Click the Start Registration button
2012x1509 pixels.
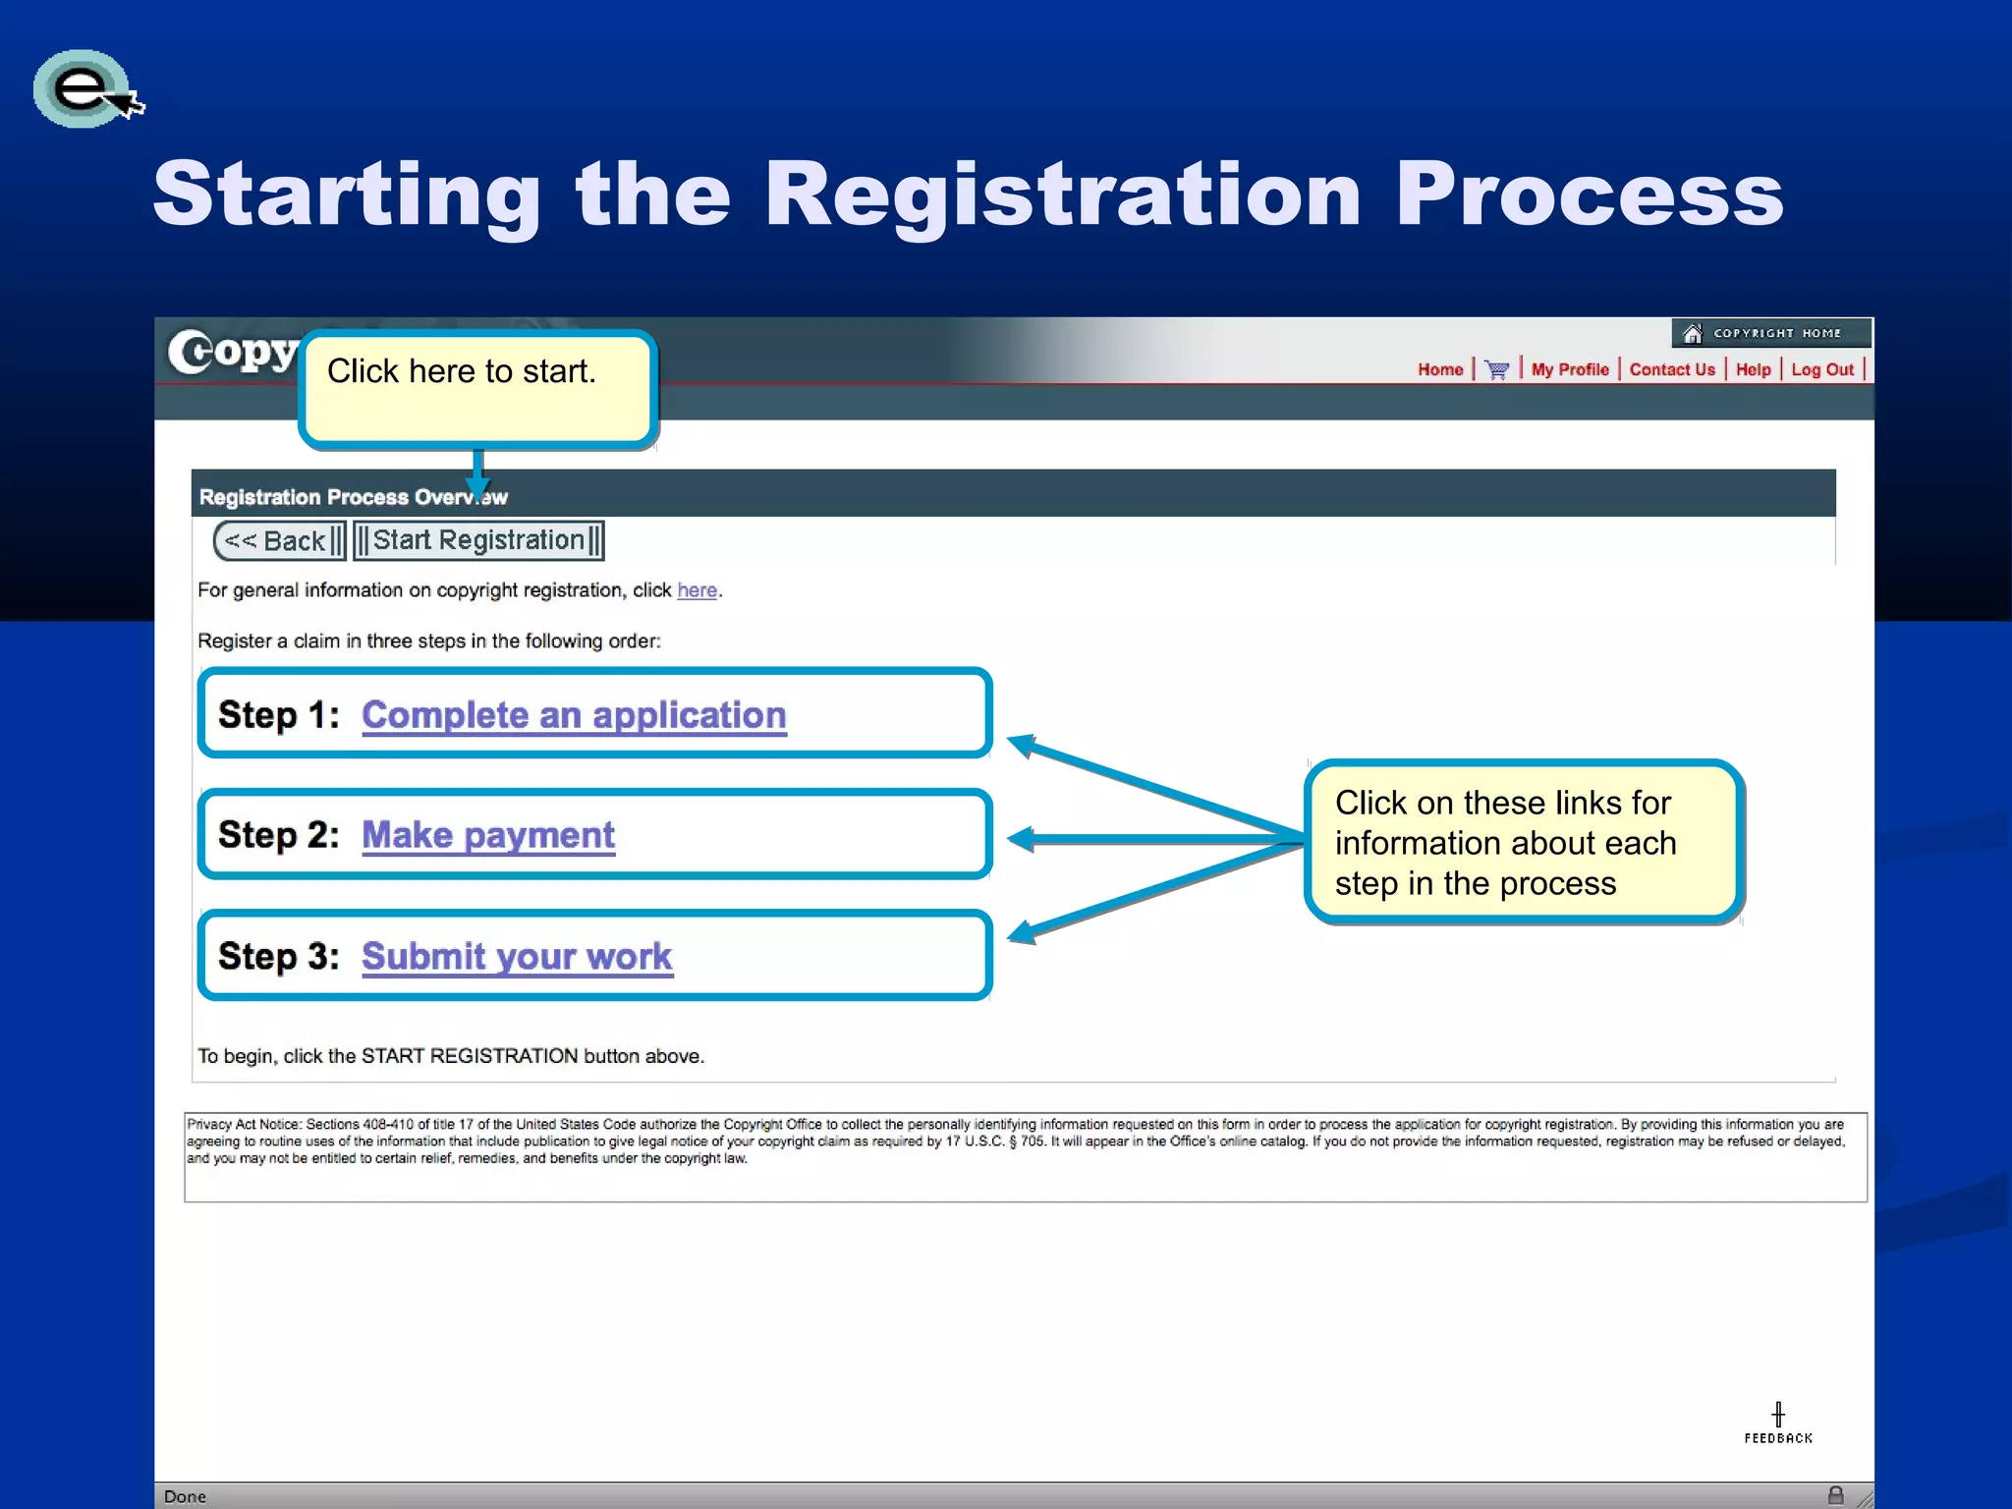click(478, 540)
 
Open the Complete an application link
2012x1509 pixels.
click(574, 715)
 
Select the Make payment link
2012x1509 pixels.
click(488, 835)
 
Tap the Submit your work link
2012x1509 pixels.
click(517, 956)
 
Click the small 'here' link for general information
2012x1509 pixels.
click(697, 590)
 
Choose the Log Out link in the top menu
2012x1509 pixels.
click(1821, 369)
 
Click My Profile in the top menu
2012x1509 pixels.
click(1569, 369)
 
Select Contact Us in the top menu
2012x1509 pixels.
click(1671, 369)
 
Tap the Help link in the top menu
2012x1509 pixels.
click(1753, 369)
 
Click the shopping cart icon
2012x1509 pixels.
click(1496, 370)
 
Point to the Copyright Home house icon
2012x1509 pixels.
click(1692, 334)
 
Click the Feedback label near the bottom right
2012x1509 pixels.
click(1778, 1437)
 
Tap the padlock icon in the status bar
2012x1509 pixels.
click(1835, 1495)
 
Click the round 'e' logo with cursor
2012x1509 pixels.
click(84, 88)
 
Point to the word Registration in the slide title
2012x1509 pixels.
click(1063, 195)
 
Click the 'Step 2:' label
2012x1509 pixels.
click(278, 835)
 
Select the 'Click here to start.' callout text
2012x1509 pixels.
click(461, 371)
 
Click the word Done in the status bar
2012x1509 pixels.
click(185, 1496)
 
